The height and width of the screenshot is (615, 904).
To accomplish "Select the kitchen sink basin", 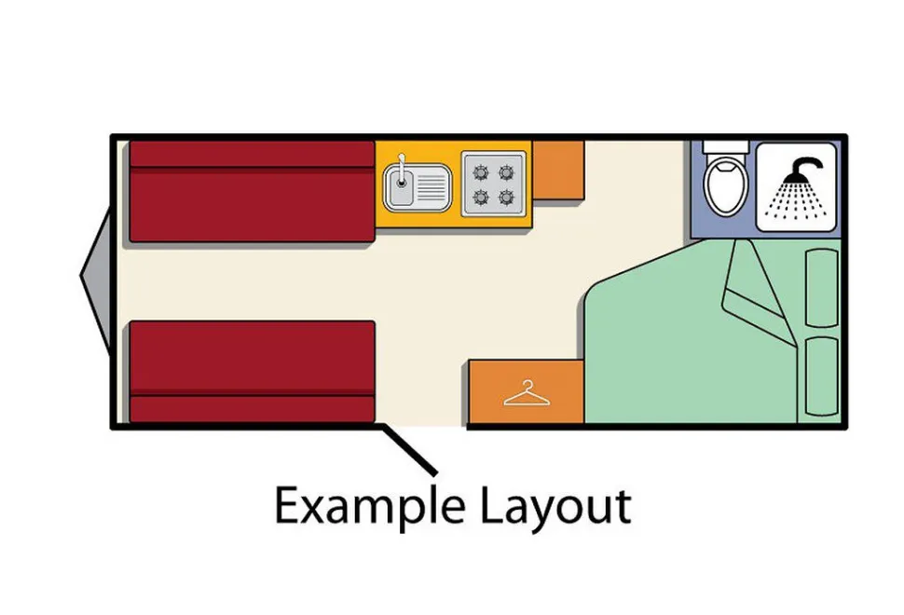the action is point(400,184).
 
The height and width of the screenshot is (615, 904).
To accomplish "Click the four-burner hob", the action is point(494,184).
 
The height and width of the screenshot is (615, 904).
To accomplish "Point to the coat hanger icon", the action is point(527,393).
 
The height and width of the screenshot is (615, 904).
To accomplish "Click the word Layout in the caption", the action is point(555,508).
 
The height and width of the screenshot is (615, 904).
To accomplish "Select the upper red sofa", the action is point(252,191).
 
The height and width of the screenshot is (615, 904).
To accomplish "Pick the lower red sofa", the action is point(252,372).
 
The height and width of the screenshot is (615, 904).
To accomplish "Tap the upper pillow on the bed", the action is point(822,288).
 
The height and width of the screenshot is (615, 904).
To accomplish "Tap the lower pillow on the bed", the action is point(822,376).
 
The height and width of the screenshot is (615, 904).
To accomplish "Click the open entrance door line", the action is point(408,449).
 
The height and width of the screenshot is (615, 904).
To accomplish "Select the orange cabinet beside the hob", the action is point(558,170).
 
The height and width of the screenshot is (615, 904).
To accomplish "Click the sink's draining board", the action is point(431,186).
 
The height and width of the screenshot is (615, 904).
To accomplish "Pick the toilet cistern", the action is point(726,147).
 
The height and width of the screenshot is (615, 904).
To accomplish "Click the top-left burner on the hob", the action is point(480,171).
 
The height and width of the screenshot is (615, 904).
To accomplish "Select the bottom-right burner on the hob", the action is point(506,198).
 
